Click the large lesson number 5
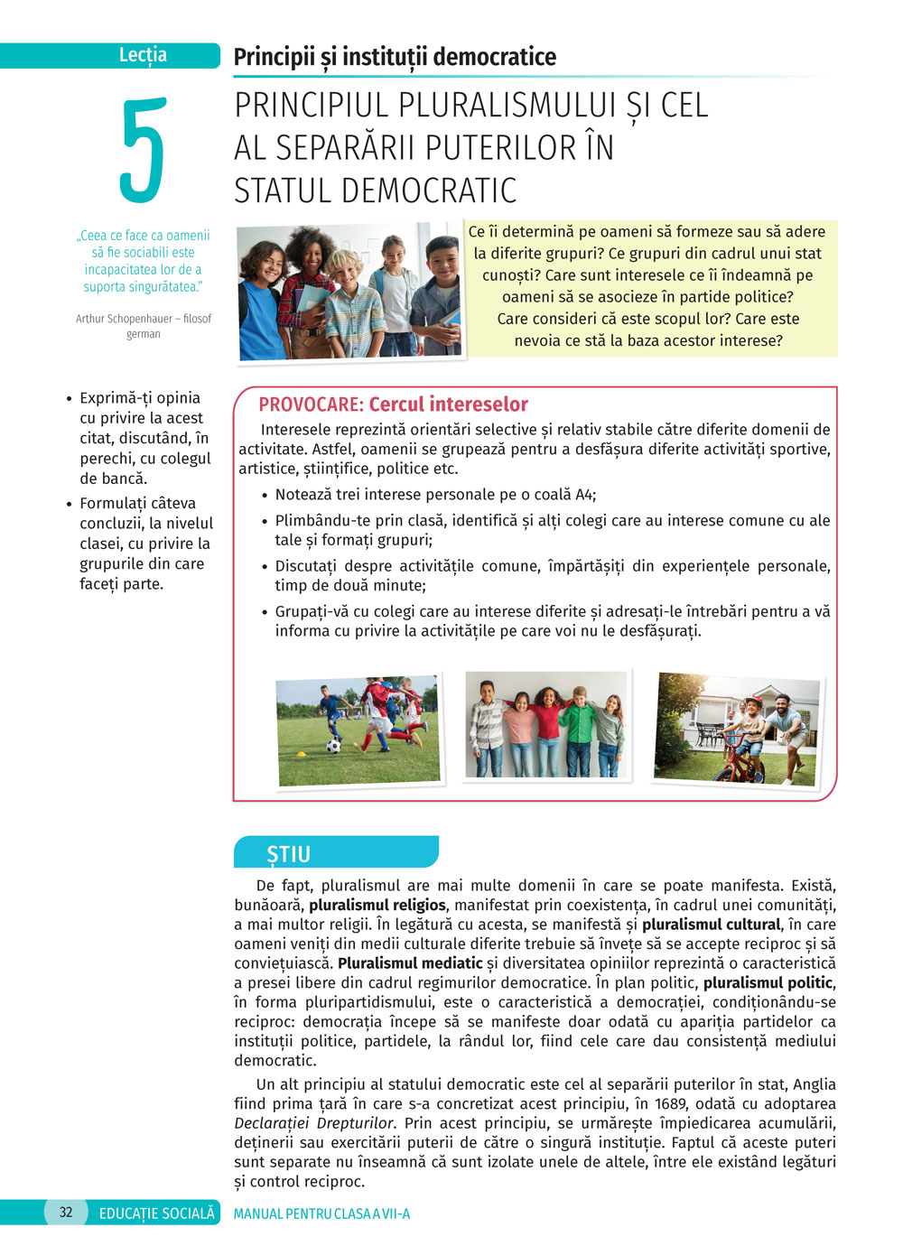tap(143, 150)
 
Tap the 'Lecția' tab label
tap(143, 55)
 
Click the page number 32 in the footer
tap(66, 1213)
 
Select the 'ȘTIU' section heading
tap(288, 854)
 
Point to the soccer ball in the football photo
tap(333, 747)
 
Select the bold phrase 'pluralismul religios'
tap(377, 905)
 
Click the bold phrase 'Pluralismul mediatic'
tap(410, 963)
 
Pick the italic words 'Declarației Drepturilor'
tap(314, 1123)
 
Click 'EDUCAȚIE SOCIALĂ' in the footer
tap(157, 1213)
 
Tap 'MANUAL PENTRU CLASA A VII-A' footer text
tap(321, 1213)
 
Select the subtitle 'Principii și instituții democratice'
tap(395, 57)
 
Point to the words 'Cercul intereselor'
tap(448, 404)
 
